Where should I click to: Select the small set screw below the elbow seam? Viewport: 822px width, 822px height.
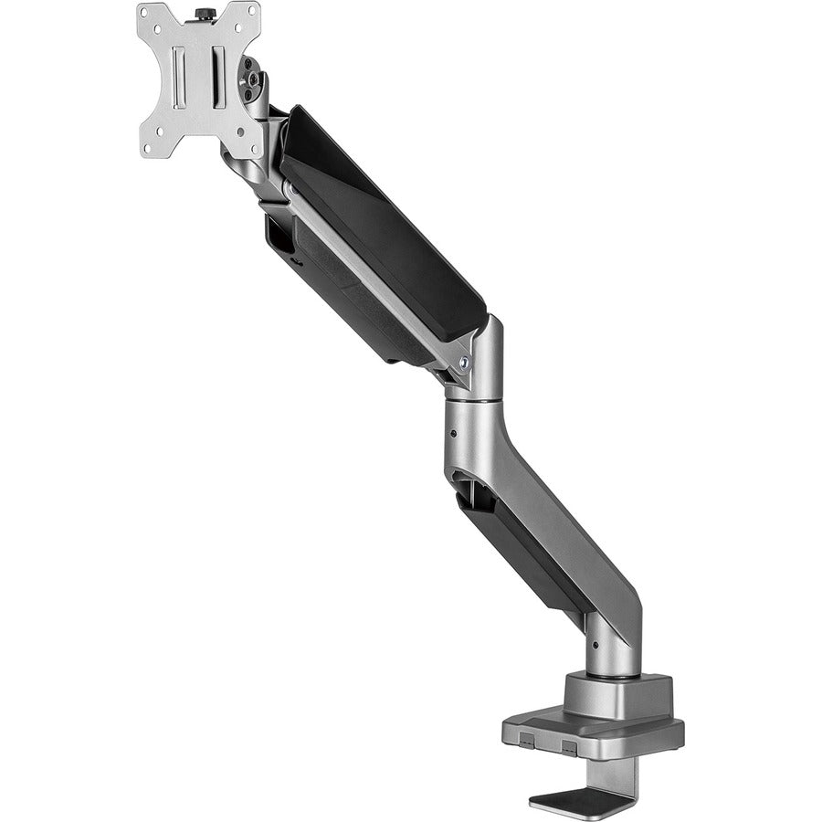pos(454,429)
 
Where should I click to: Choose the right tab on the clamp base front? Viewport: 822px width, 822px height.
pos(568,745)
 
